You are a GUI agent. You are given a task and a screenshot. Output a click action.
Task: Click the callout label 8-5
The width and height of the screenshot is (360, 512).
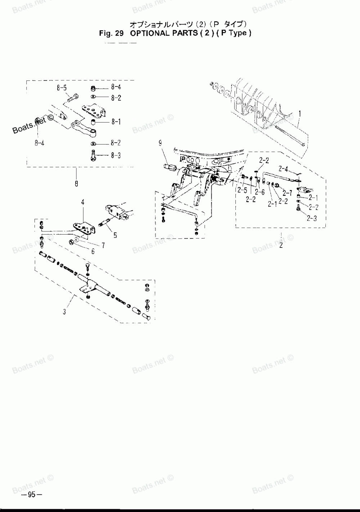click(x=61, y=87)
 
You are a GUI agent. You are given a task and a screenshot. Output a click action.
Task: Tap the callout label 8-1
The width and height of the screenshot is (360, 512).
click(x=116, y=122)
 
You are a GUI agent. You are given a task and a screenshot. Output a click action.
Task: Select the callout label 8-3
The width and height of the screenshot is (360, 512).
click(x=116, y=156)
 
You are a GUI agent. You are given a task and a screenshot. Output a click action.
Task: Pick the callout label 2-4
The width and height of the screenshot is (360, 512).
click(x=283, y=168)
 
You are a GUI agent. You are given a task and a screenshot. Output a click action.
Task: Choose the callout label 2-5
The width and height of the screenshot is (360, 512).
click(x=242, y=190)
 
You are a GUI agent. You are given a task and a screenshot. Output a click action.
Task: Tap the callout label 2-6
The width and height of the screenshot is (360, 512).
click(x=260, y=192)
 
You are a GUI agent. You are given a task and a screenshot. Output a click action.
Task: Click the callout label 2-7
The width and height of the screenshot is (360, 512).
click(x=287, y=192)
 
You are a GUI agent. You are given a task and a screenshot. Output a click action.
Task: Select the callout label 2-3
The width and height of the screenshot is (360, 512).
click(x=312, y=218)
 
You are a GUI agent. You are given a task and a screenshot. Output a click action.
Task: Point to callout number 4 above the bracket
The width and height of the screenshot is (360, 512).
click(x=82, y=202)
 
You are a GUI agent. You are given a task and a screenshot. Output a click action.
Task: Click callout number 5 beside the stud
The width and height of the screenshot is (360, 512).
click(x=115, y=236)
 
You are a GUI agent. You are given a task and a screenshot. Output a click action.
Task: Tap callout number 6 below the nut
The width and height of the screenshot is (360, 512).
click(x=93, y=252)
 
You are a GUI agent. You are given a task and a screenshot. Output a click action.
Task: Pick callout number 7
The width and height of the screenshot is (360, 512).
click(x=103, y=246)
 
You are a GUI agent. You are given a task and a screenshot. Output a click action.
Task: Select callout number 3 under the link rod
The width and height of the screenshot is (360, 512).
click(x=64, y=312)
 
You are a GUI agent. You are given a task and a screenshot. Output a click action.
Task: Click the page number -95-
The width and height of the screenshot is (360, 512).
click(x=32, y=495)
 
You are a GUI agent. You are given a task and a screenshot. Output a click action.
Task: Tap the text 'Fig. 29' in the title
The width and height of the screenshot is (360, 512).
click(x=112, y=33)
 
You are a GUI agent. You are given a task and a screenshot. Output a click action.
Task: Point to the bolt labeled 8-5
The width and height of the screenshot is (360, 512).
click(x=72, y=97)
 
